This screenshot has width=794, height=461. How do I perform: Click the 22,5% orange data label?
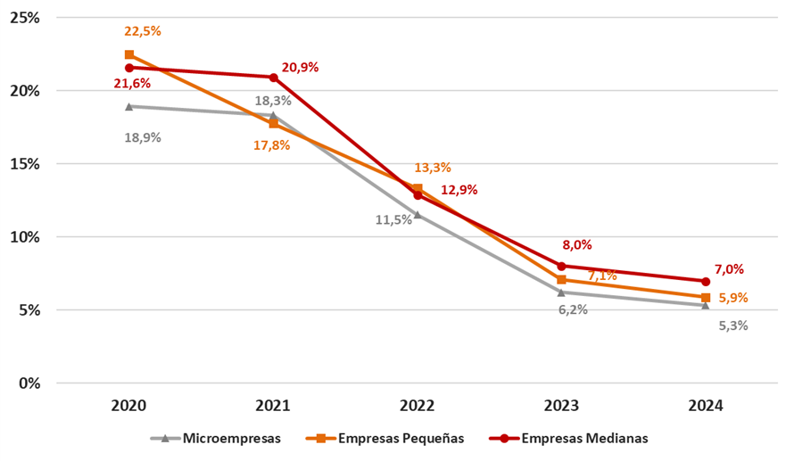pos(143,31)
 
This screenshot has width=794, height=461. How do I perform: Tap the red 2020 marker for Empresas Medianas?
pos(129,68)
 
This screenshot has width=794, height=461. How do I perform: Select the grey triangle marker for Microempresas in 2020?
pos(129,106)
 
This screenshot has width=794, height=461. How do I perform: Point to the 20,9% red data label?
pos(300,67)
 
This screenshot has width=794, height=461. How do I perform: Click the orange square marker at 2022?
pos(418,189)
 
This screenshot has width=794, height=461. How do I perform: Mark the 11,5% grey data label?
pos(393,219)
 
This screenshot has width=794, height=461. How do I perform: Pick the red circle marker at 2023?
pos(561,266)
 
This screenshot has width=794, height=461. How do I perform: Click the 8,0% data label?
pos(576,245)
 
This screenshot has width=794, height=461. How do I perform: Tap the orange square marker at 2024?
pos(706,298)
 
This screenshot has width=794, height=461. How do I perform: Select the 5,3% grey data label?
pos(732,325)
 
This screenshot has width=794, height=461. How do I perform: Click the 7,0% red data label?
pos(729,269)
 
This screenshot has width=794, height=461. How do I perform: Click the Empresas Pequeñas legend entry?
pos(385,438)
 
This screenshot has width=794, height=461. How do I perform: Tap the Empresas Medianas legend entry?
pos(573,438)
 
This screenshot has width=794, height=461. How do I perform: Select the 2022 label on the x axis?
pos(417,406)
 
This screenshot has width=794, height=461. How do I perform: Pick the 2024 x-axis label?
pos(705,406)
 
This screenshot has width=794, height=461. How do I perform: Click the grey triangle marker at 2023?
pos(561,292)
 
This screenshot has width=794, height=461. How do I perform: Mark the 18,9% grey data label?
pos(143,138)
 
